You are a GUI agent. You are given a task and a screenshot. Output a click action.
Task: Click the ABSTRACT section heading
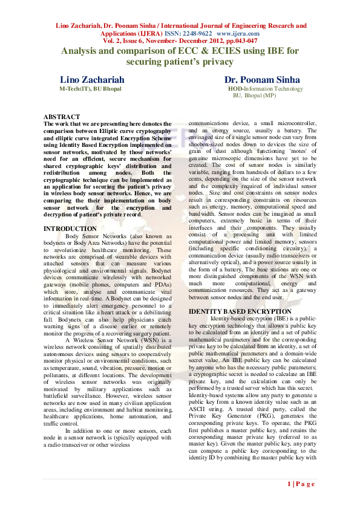[62, 117]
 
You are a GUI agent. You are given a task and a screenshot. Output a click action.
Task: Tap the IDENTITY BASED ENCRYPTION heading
[240, 311]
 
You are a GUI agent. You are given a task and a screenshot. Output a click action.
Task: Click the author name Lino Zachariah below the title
[92, 80]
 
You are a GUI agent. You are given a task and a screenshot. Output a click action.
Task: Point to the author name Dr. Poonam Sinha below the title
[258, 80]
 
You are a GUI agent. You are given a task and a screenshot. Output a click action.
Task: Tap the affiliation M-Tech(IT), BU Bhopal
[90, 89]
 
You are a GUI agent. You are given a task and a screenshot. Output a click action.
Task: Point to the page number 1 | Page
[301, 484]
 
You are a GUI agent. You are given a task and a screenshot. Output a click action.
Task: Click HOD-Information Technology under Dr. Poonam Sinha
[265, 89]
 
